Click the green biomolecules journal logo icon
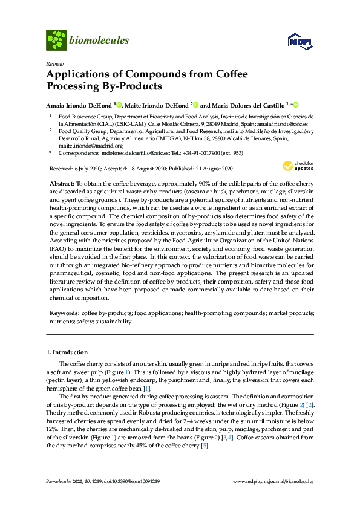(57, 41)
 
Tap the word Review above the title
(54, 63)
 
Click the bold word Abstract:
(61, 182)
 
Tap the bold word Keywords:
(64, 313)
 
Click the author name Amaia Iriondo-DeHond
(80, 104)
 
